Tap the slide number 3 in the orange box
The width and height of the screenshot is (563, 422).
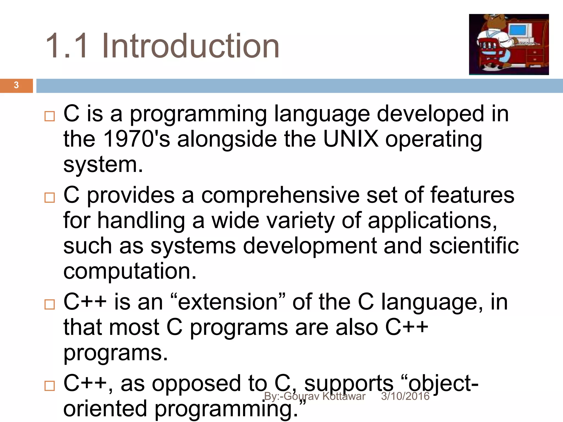(16, 85)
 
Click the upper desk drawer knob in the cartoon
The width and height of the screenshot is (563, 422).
(535, 52)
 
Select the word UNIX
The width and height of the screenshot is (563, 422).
(351, 139)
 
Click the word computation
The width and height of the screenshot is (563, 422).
(130, 271)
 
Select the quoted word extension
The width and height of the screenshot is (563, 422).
(228, 302)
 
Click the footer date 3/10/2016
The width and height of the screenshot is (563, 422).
(405, 396)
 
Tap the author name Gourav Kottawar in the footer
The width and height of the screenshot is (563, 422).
(324, 396)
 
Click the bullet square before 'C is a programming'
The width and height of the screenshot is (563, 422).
(50, 116)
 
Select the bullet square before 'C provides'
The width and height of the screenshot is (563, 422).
(50, 198)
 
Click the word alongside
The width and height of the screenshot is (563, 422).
(227, 139)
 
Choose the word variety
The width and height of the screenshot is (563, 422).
(300, 221)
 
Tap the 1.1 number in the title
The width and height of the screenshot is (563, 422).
(68, 46)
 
